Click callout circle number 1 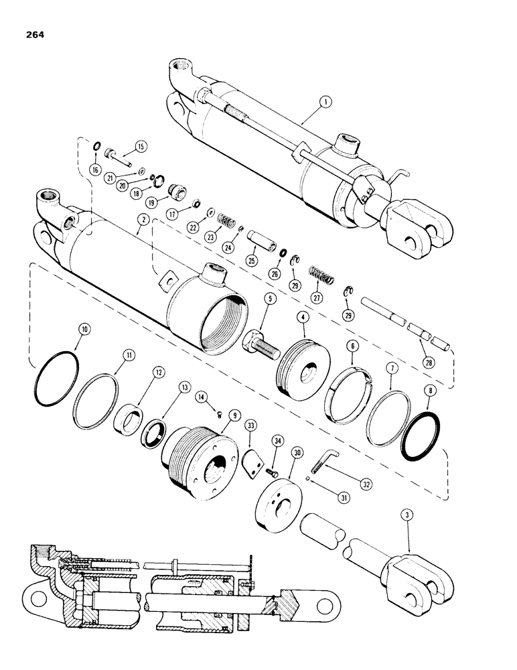[x=325, y=103]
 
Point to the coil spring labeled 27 [x=321, y=274]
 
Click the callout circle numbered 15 [x=140, y=145]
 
